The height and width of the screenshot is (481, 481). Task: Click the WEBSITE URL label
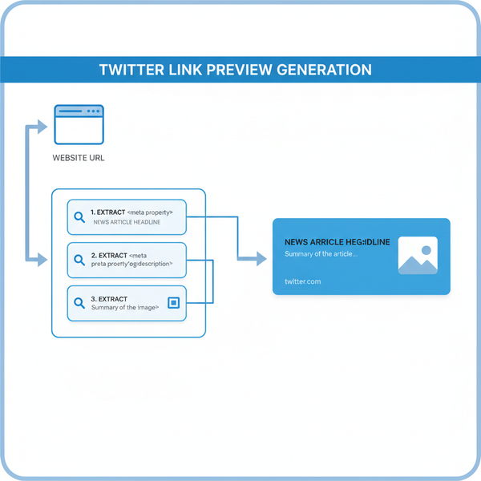[78, 158]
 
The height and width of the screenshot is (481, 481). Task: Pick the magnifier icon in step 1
[79, 216]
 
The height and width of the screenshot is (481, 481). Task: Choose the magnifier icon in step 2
[79, 260]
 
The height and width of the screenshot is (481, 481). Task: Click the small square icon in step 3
[172, 302]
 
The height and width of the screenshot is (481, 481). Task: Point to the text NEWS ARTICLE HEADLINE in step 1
[127, 222]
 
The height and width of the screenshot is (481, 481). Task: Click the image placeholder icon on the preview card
[418, 256]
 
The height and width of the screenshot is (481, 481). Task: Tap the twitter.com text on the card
[302, 281]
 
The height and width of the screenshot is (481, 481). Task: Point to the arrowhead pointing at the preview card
[260, 258]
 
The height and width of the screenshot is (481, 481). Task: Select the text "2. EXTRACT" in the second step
[109, 255]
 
